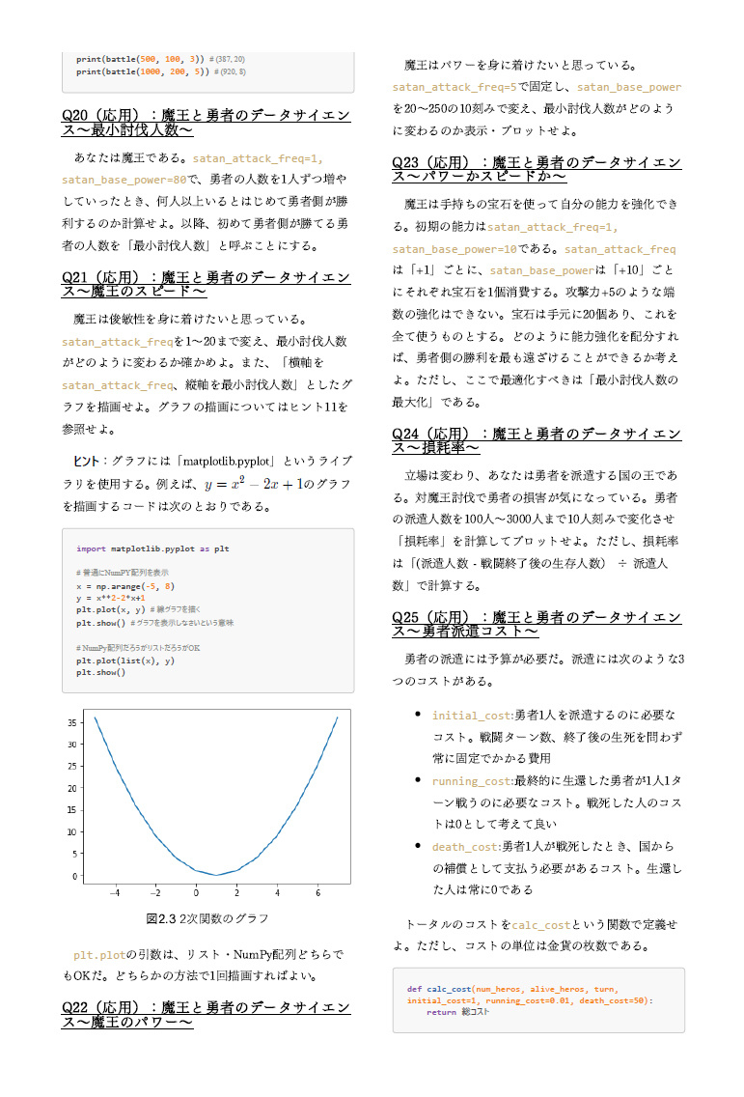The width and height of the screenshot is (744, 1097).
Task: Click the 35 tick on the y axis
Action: point(73,722)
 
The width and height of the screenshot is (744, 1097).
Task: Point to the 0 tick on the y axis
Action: point(76,876)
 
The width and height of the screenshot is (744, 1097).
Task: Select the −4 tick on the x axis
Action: point(114,892)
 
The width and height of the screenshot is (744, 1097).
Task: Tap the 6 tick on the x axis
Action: point(317,892)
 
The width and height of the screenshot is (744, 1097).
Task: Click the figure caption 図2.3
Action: point(207,917)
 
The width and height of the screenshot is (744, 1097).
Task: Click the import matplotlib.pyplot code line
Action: point(152,548)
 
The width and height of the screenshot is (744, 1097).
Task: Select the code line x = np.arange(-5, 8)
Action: point(125,586)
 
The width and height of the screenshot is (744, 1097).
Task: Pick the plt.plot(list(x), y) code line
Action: point(125,661)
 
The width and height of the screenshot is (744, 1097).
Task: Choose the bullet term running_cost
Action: point(473,780)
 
